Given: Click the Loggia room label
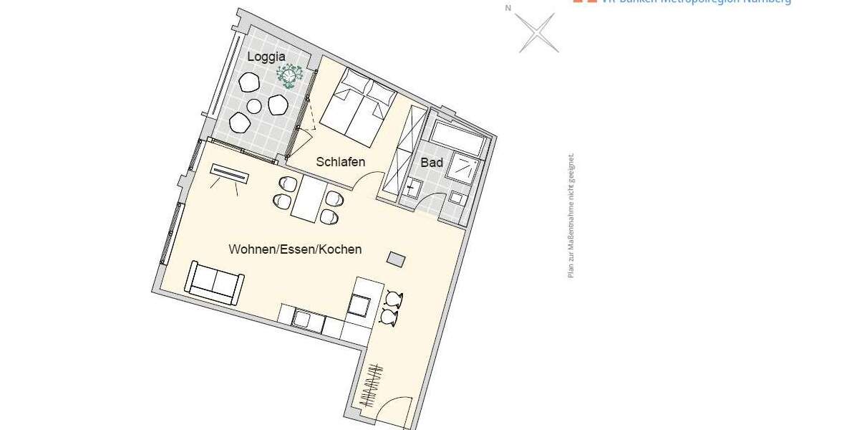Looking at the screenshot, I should [x=266, y=56].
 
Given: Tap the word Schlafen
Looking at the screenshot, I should [x=341, y=162].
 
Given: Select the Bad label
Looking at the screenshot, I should [x=432, y=163].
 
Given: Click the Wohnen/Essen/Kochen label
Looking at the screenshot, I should [x=295, y=250].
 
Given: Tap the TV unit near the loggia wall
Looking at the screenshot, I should [x=230, y=173].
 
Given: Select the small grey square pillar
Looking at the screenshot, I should [x=396, y=257].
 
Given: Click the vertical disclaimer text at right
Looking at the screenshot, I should [x=571, y=215].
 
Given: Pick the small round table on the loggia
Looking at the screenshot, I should [x=254, y=106].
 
